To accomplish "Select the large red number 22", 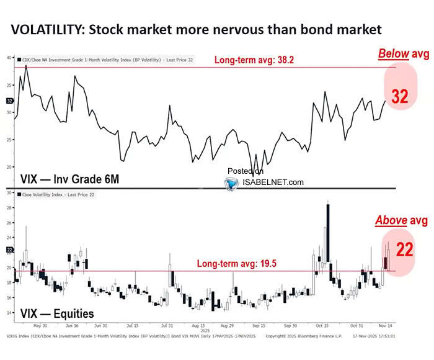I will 405,250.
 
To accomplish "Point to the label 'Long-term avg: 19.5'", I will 236,264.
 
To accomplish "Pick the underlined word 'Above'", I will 389,221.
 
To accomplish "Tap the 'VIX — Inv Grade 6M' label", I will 61,179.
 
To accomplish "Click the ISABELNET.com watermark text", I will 273,182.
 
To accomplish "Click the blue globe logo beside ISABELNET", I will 232,183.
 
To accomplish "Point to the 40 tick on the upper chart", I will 9,57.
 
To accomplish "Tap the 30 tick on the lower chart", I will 9,193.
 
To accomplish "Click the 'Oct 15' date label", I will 321,325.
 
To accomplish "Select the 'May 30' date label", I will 40,325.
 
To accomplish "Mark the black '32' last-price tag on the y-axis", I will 9,101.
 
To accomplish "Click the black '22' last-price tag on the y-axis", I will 9,250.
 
